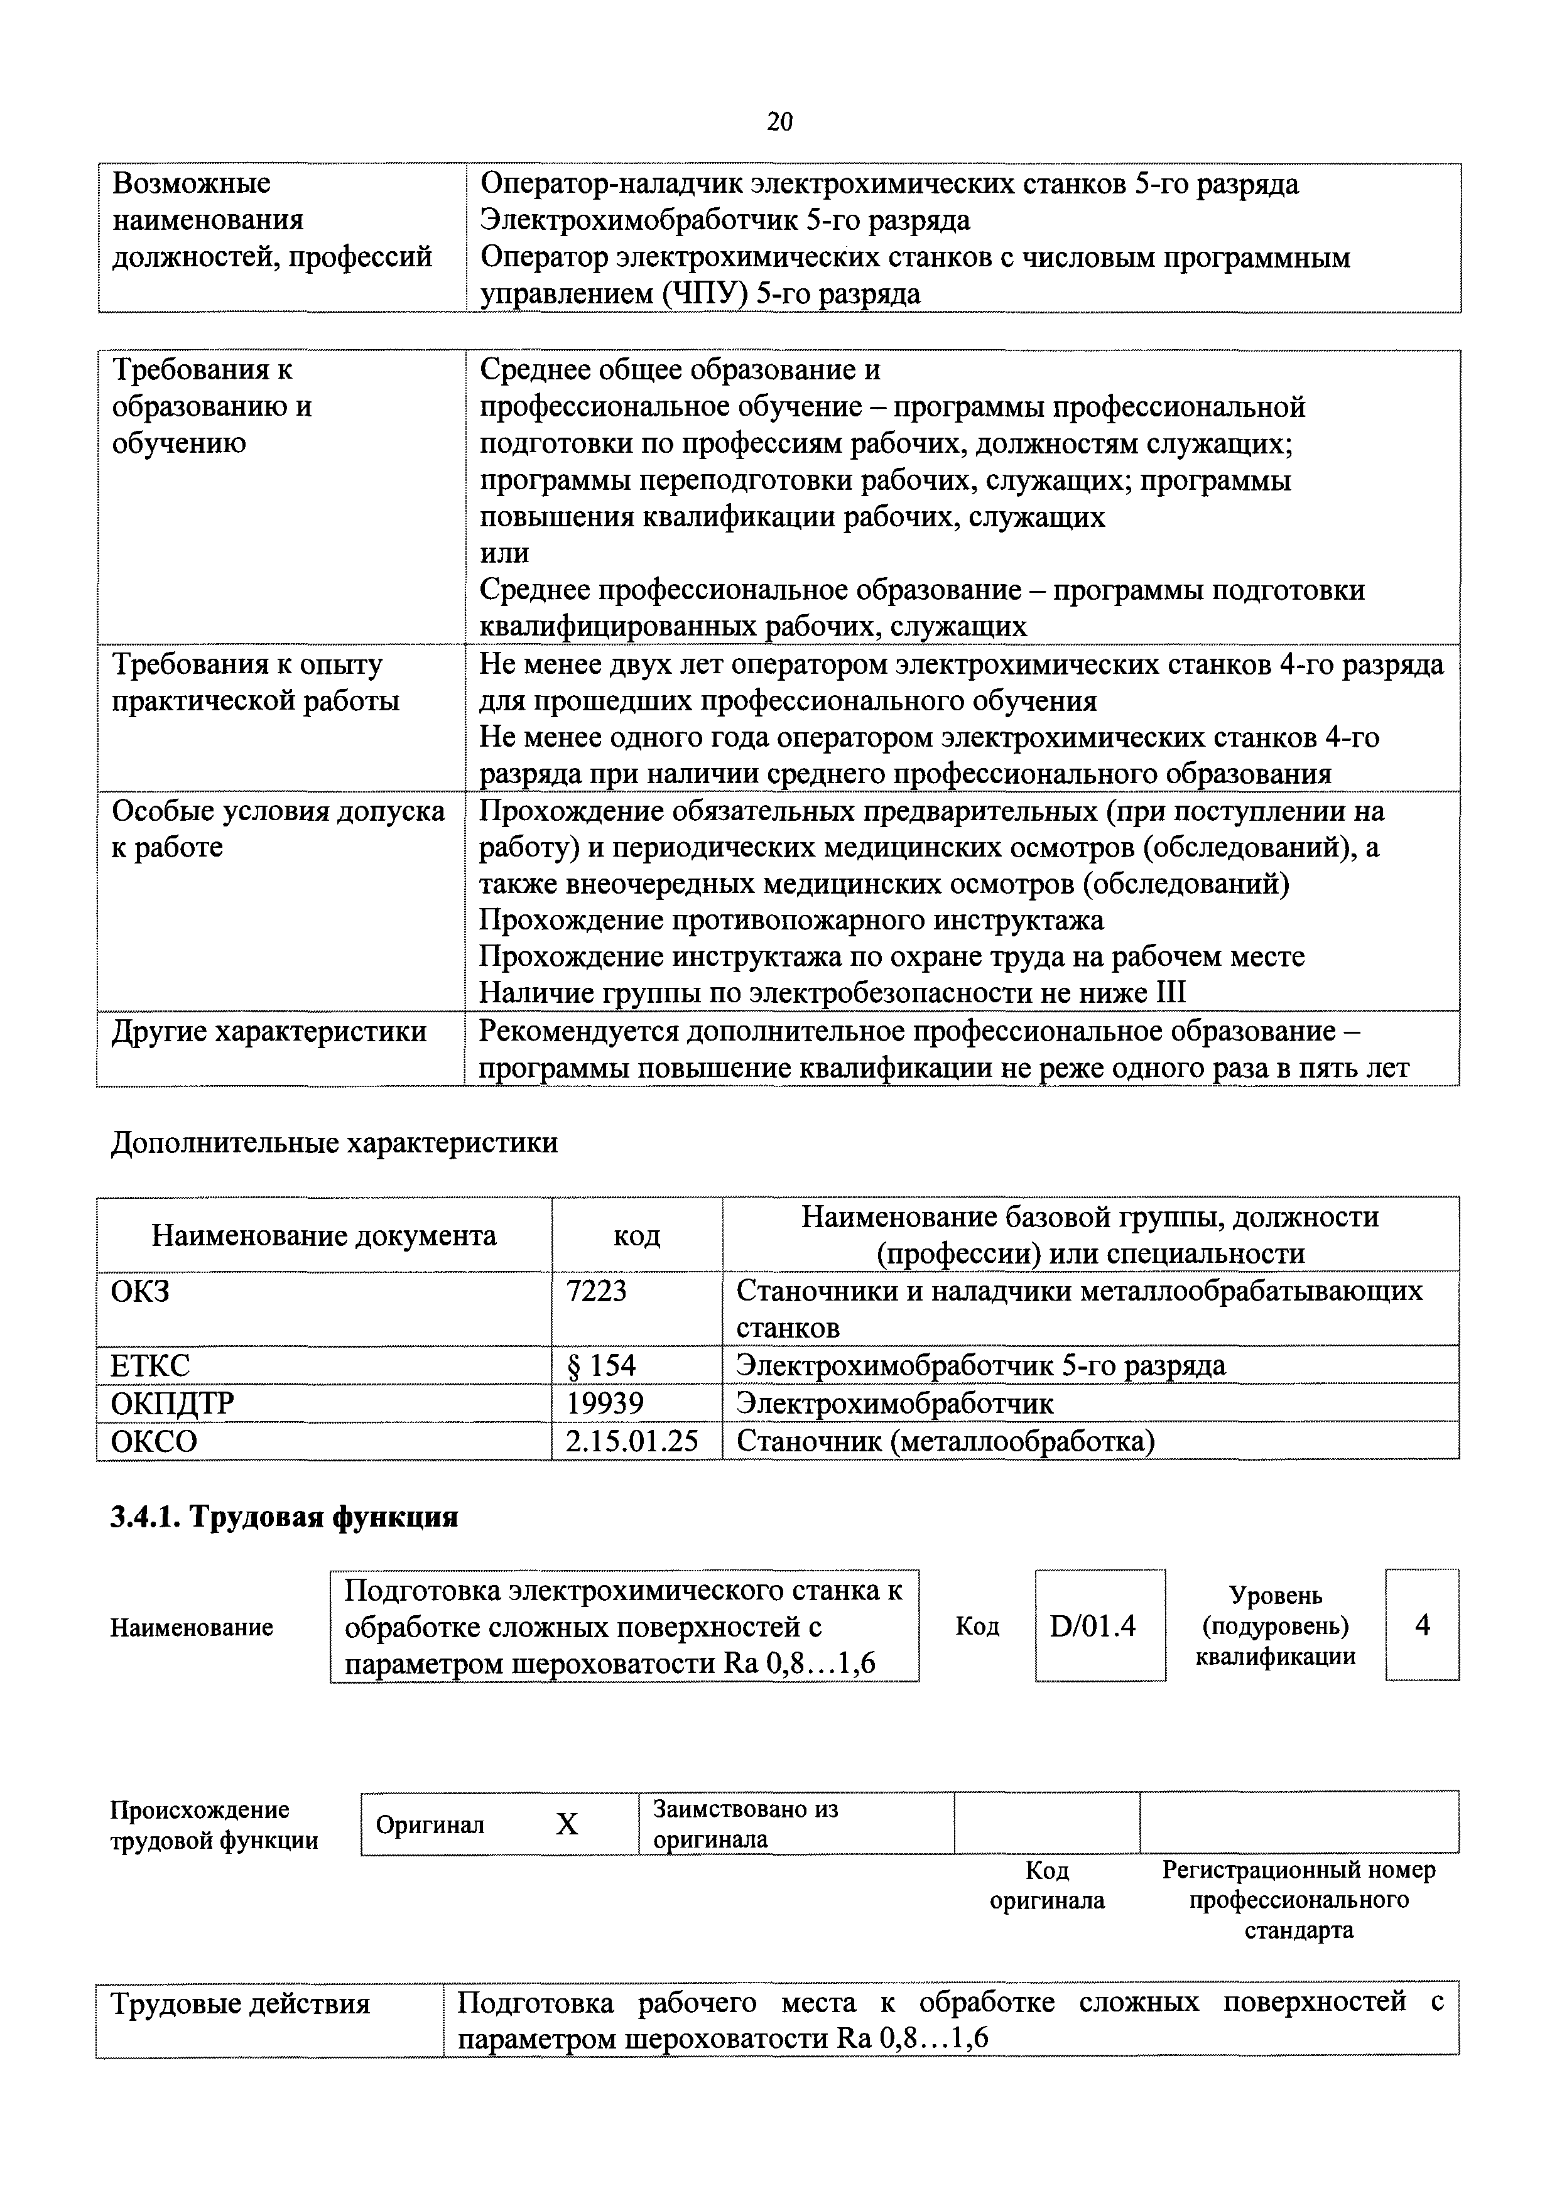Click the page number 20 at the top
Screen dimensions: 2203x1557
[x=779, y=121]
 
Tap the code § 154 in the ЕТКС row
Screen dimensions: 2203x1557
[x=600, y=1365]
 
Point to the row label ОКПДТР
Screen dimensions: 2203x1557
[x=173, y=1404]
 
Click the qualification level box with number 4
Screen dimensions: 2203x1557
[x=1422, y=1625]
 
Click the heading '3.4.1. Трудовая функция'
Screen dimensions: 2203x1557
[x=284, y=1518]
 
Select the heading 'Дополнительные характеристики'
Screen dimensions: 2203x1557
[x=334, y=1143]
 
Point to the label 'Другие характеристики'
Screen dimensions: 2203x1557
[x=269, y=1031]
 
